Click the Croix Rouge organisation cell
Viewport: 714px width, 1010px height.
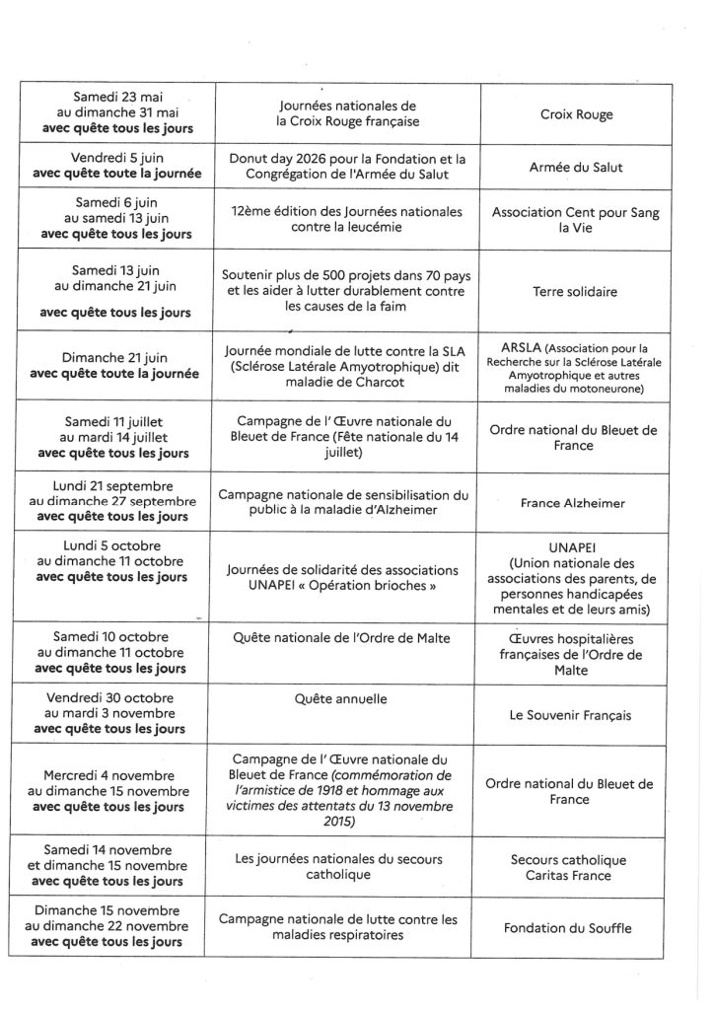point(576,114)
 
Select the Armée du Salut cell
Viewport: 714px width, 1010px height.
point(576,168)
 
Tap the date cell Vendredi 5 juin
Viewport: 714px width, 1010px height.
point(117,158)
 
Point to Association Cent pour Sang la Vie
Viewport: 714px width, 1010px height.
point(576,221)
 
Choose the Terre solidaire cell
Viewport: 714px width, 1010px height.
point(576,292)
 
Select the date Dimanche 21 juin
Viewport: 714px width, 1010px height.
point(117,359)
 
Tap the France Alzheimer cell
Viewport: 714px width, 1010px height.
point(576,502)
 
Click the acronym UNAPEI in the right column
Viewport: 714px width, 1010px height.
point(577,543)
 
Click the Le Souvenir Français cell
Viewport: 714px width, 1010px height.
point(576,715)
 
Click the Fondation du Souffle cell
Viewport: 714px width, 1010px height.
point(576,928)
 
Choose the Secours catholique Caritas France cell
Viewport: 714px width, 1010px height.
point(576,867)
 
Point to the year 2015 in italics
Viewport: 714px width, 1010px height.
point(340,822)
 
